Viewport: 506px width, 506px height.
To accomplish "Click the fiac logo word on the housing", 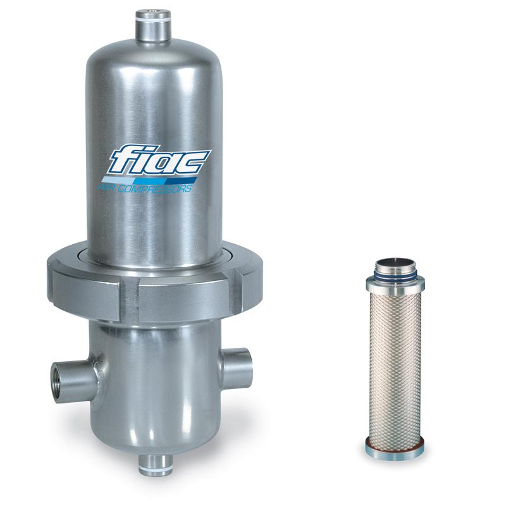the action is (x=160, y=161).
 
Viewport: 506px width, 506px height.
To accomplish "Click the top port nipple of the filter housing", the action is (x=153, y=25).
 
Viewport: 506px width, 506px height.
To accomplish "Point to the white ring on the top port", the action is (x=153, y=20).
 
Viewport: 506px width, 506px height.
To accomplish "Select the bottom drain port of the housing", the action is (x=156, y=464).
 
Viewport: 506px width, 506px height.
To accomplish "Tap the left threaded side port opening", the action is (x=55, y=384).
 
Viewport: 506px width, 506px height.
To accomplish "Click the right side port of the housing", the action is (x=236, y=366).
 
